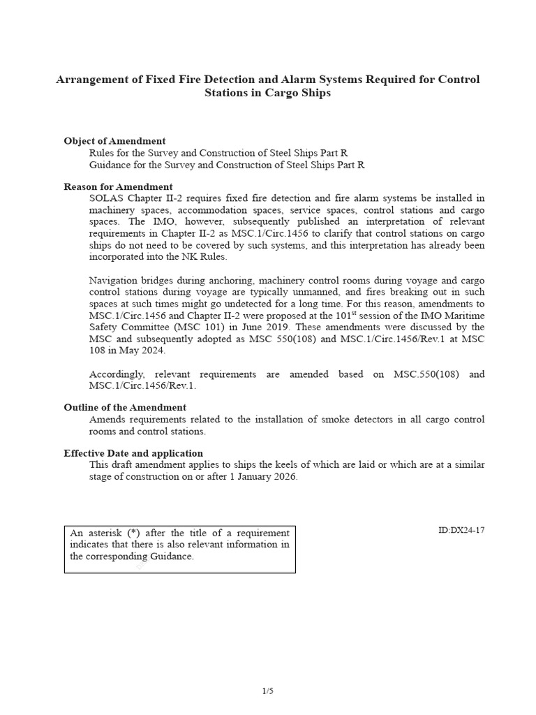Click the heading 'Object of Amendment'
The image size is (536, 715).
pos(114,141)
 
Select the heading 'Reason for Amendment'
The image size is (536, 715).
pos(118,186)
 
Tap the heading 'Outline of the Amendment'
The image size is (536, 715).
pos(125,407)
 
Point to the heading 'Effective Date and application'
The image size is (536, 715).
pos(133,453)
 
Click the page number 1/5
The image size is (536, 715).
pos(268,691)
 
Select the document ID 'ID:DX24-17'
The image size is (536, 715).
pos(461,530)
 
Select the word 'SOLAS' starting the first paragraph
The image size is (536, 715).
pos(104,198)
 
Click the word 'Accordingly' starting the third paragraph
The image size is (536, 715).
pos(116,374)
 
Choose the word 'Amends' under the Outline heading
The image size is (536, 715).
pos(105,420)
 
